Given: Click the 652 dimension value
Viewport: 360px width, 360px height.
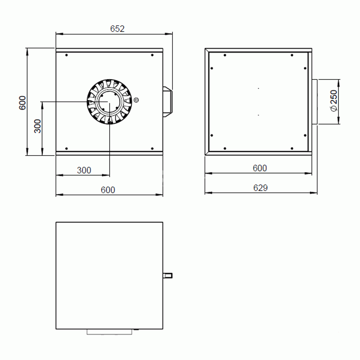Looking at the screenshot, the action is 117,29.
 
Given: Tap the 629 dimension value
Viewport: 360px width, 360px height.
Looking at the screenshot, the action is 260,188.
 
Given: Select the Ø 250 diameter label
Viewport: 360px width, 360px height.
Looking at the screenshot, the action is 334,101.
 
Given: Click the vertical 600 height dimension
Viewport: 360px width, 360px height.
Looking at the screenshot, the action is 22,103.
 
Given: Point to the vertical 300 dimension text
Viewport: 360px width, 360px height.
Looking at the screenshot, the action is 37,126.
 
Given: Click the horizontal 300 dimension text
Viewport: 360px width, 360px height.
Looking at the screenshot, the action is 84,170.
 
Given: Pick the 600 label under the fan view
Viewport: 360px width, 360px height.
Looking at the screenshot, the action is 108,190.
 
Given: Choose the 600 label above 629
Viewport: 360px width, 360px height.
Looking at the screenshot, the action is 260,168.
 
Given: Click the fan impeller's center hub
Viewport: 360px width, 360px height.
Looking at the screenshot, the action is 110,102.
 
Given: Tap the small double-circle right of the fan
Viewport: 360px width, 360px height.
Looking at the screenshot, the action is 136,100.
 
